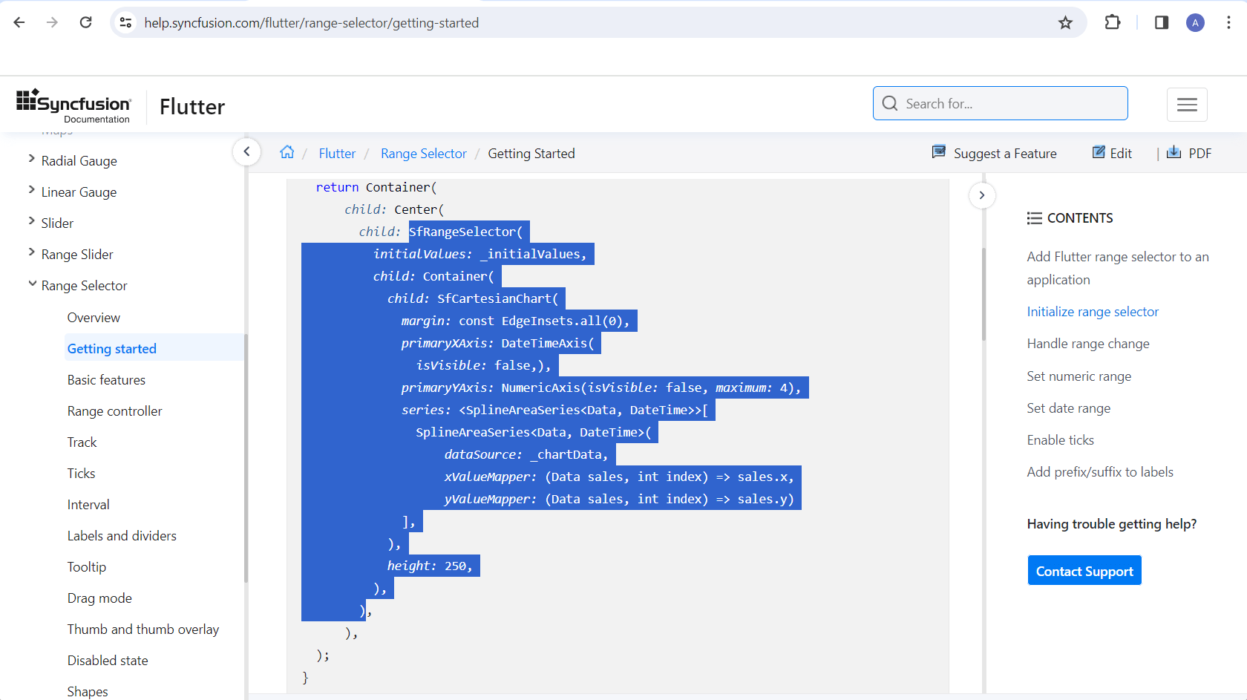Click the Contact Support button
point(1084,570)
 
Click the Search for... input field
point(1001,103)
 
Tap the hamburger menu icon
point(1187,104)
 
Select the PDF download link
point(1189,153)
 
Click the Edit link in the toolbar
point(1112,153)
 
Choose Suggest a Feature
point(995,153)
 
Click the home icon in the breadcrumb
point(287,152)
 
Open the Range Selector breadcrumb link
point(424,153)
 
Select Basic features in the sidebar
point(106,380)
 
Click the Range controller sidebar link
point(114,411)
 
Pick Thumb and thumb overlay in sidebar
point(143,629)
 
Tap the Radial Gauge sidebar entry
point(79,161)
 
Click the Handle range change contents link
point(1088,344)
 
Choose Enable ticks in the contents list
point(1060,440)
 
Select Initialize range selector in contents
point(1093,311)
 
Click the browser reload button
point(86,22)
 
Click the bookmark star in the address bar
point(1065,23)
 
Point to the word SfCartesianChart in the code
point(497,298)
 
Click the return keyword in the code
point(337,187)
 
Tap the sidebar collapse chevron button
point(246,151)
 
